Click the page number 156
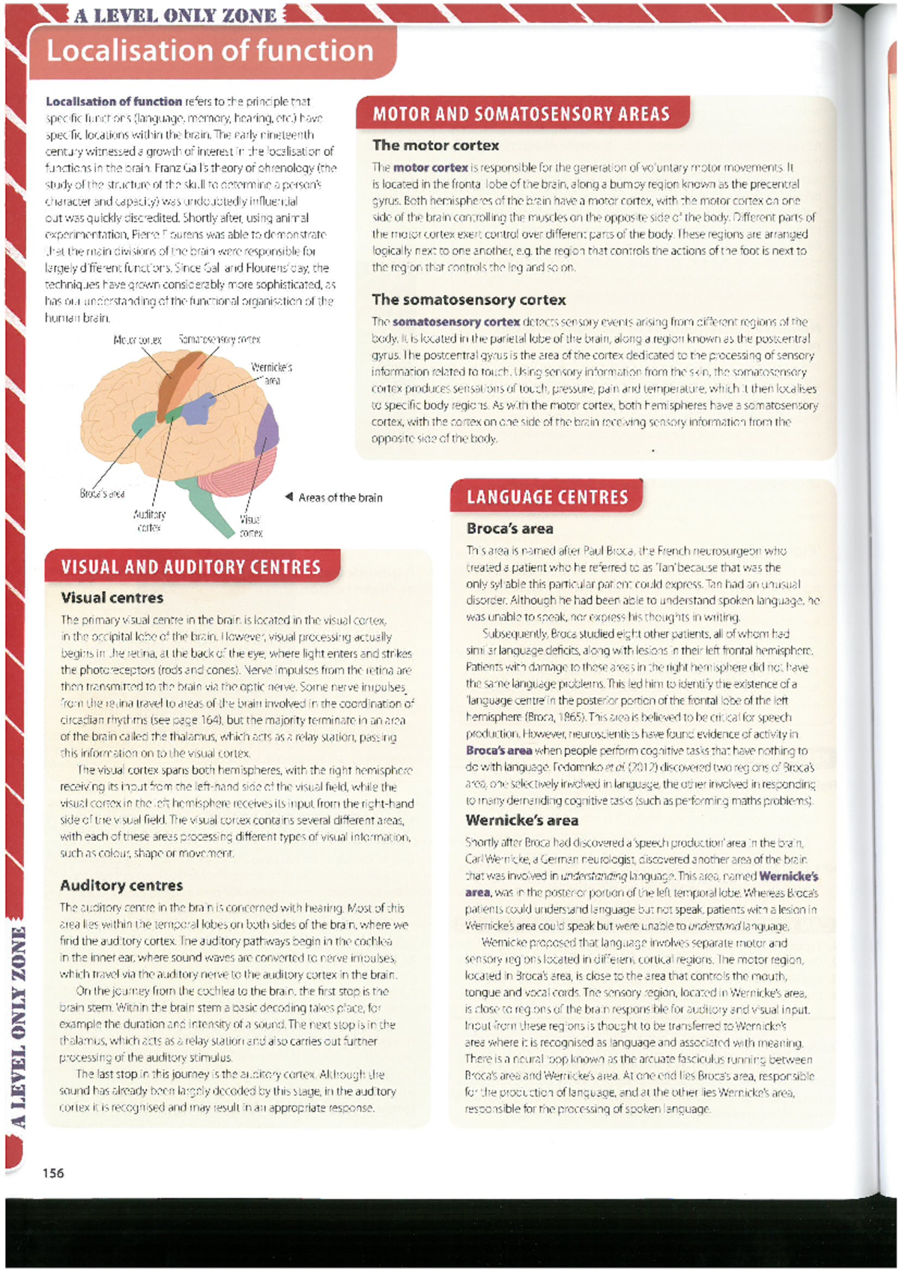coord(53,1173)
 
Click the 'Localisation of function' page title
coord(210,51)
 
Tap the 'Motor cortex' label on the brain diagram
coord(137,340)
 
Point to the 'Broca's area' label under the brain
coord(102,493)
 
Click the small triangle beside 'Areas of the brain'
coord(288,497)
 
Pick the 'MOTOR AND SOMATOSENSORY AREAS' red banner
coord(521,114)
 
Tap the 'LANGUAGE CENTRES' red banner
coord(547,497)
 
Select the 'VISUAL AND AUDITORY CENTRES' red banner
coord(191,567)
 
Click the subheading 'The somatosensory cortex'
coord(469,300)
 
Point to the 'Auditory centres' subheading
coord(121,885)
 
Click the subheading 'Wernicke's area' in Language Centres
coord(521,820)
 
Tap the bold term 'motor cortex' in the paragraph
coord(430,167)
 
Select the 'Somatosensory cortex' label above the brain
coord(220,340)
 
